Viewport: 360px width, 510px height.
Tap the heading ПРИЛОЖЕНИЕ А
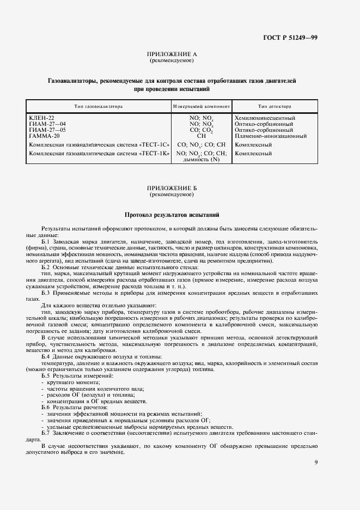pyautogui.click(x=172, y=54)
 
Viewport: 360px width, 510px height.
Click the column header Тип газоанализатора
pyautogui.click(x=99, y=106)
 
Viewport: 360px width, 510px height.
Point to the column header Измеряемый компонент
pyautogui.click(x=202, y=106)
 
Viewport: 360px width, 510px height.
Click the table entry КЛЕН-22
pyautogui.click(x=41, y=118)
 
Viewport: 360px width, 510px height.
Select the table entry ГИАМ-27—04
pyautogui.click(x=47, y=124)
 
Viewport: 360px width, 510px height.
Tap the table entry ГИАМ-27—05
pyautogui.click(x=47, y=130)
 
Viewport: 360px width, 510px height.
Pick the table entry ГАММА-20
pyautogui.click(x=45, y=136)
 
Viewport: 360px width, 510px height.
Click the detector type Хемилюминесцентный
pyautogui.click(x=264, y=118)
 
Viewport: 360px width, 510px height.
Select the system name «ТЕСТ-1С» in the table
pyautogui.click(x=157, y=145)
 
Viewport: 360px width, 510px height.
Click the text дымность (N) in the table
pyautogui.click(x=202, y=159)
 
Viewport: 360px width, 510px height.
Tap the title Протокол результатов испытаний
pyautogui.click(x=172, y=215)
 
